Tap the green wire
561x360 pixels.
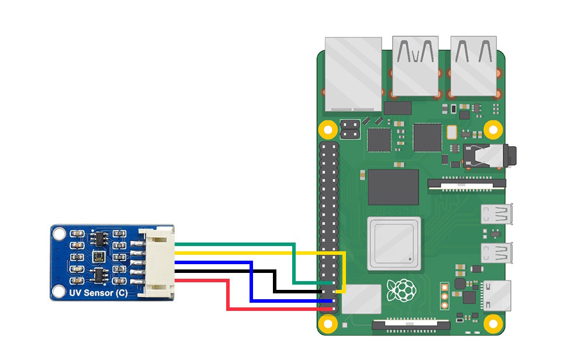pyautogui.click(x=234, y=244)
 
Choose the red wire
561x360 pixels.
pyautogui.click(x=199, y=281)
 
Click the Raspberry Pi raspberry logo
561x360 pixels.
pyautogui.click(x=402, y=290)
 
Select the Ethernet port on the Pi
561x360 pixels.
pyautogui.click(x=353, y=73)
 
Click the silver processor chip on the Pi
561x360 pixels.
pyautogui.click(x=393, y=243)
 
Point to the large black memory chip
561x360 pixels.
pyautogui.click(x=393, y=187)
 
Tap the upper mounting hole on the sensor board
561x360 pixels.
pyautogui.click(x=58, y=234)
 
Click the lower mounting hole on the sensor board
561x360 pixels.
pyautogui.click(x=58, y=290)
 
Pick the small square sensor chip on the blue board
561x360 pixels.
pyautogui.click(x=97, y=256)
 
